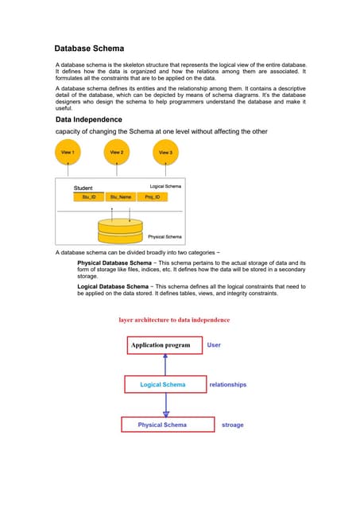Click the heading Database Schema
click(89, 49)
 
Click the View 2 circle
click(117, 151)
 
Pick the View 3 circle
click(165, 152)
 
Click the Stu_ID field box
click(89, 196)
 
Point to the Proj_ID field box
click(151, 196)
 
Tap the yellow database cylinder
click(120, 231)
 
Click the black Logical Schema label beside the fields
click(165, 186)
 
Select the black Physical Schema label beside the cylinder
click(165, 237)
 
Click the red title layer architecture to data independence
click(174, 320)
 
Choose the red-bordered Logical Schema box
click(165, 385)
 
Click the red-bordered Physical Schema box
click(164, 425)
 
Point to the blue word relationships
click(227, 385)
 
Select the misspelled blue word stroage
click(232, 425)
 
